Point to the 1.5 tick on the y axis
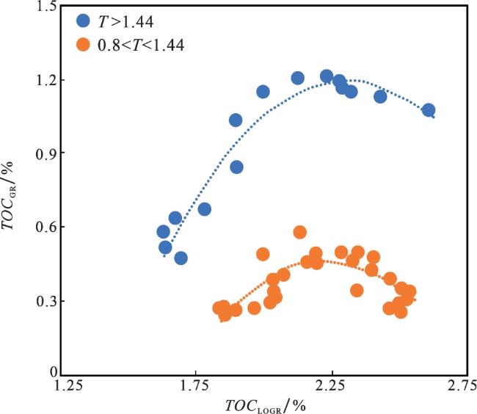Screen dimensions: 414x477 pyautogui.click(x=47, y=7)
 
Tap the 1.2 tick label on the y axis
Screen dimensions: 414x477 pyautogui.click(x=47, y=80)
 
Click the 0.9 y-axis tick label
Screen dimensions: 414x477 pyautogui.click(x=47, y=153)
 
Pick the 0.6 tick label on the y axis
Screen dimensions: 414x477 pyautogui.click(x=47, y=227)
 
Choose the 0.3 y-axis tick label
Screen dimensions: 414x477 pyautogui.click(x=47, y=301)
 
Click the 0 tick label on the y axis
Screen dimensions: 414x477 pyautogui.click(x=52, y=374)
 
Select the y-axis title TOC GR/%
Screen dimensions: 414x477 pyautogui.click(x=15, y=191)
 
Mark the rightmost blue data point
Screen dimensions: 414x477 pyautogui.click(x=429, y=110)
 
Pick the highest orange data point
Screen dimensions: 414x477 pyautogui.click(x=299, y=232)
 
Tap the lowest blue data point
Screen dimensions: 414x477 pyautogui.click(x=181, y=258)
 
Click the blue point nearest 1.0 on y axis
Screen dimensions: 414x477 pyautogui.click(x=236, y=120)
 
